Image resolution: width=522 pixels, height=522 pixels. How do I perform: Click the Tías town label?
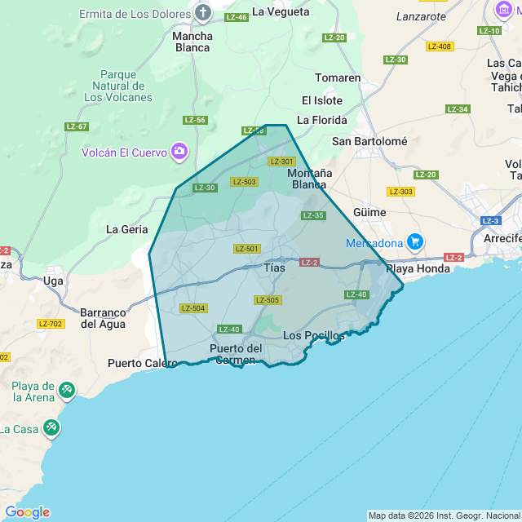(275, 268)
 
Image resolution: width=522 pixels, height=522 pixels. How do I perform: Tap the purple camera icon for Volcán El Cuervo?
(179, 152)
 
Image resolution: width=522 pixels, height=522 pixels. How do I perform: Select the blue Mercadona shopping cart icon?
(415, 242)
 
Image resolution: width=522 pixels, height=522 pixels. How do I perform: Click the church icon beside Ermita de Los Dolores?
(203, 14)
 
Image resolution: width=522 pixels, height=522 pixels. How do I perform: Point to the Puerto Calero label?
(137, 364)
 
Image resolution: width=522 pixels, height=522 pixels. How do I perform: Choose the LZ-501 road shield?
(246, 249)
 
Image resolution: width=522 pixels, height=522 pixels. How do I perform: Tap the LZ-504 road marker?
(193, 308)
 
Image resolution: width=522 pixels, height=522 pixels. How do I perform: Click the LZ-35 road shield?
(313, 215)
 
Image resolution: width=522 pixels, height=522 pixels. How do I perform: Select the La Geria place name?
(127, 229)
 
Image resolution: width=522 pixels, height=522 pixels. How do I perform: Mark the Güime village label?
(369, 212)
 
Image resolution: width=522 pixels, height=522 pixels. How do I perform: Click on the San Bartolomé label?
(369, 141)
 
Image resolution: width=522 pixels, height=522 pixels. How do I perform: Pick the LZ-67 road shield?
(77, 126)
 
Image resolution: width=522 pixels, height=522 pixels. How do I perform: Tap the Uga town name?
(54, 281)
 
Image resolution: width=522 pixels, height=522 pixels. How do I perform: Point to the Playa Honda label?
(418, 268)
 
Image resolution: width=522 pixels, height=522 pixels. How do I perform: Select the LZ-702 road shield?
(51, 324)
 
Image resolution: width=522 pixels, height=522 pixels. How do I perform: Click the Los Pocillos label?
(313, 336)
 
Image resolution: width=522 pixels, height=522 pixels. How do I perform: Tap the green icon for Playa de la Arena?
(66, 392)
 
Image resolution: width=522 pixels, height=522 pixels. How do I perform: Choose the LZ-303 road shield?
(400, 192)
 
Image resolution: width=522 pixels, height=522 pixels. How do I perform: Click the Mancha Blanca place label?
(192, 42)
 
